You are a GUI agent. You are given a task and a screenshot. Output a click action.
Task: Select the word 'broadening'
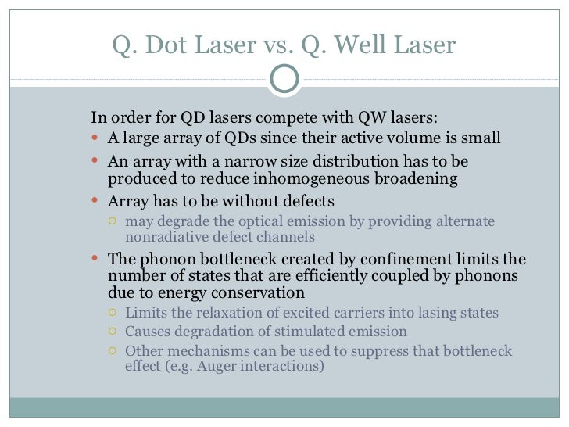coord(413,179)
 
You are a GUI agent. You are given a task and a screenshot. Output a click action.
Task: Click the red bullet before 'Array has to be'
coord(95,200)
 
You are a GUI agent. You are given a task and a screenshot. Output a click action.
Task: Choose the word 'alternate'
coord(466,221)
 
